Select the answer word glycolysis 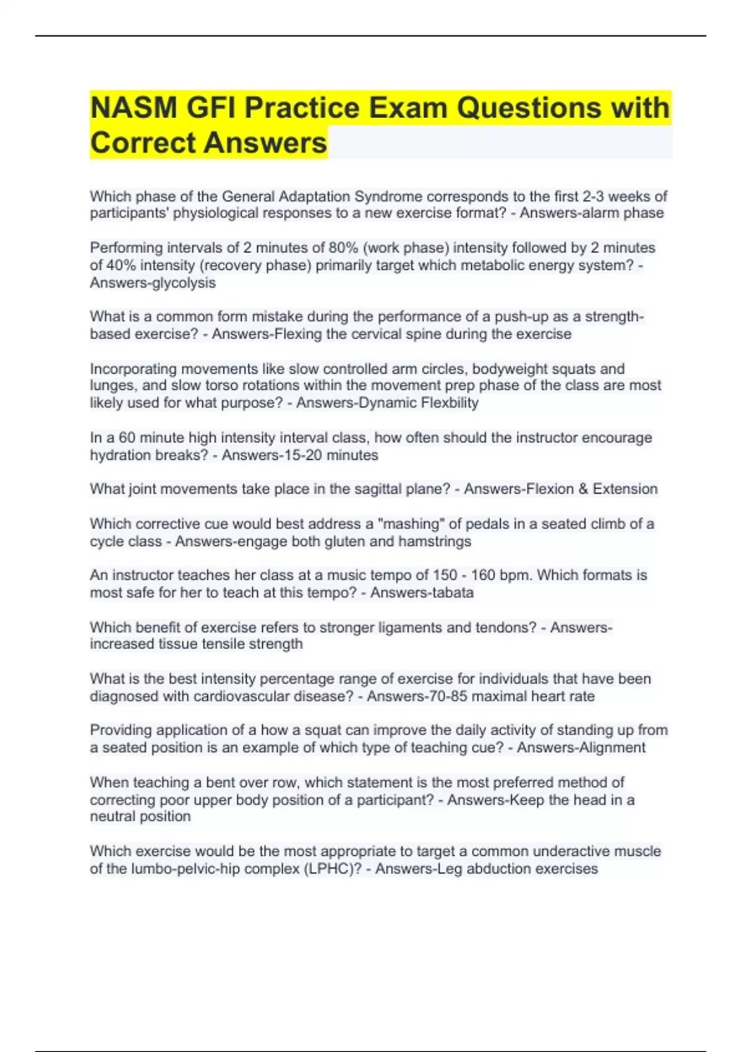pyautogui.click(x=184, y=283)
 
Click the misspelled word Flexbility pyautogui.click(x=450, y=403)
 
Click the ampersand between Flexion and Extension pyautogui.click(x=583, y=489)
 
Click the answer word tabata pyautogui.click(x=451, y=593)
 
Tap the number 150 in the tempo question pyautogui.click(x=445, y=576)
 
